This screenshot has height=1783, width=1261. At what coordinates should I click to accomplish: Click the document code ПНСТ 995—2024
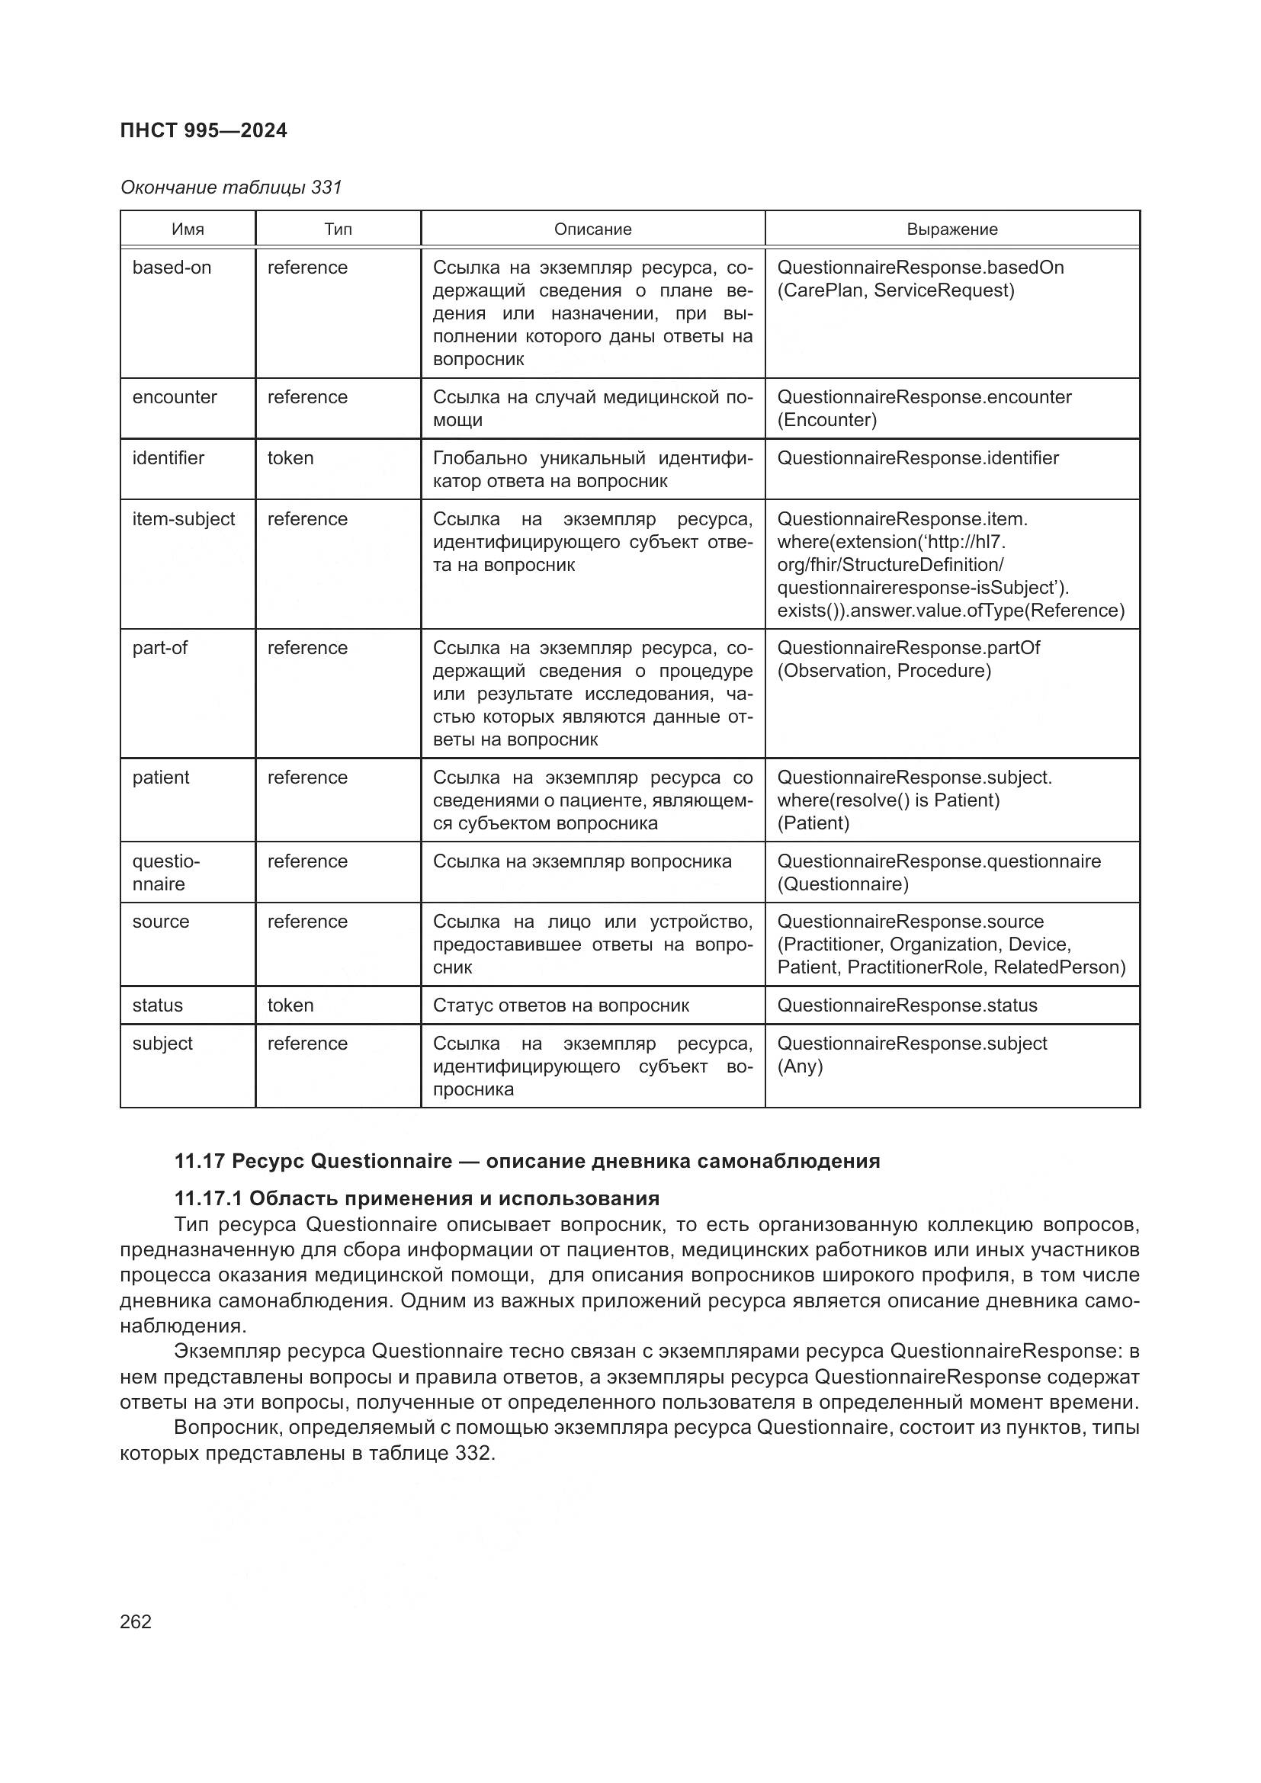point(204,130)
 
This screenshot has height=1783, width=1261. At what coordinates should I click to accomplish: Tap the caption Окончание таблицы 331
point(230,188)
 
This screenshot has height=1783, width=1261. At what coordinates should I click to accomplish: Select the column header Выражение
point(952,229)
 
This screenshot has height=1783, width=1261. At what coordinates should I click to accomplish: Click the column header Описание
point(592,229)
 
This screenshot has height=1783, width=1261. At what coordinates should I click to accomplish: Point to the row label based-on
point(172,268)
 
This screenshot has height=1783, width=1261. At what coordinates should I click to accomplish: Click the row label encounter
point(175,397)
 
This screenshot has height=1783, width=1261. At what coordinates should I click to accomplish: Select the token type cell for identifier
point(290,458)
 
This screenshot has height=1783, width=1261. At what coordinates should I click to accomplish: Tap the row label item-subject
point(183,519)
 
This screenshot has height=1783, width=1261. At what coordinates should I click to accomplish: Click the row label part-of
point(159,648)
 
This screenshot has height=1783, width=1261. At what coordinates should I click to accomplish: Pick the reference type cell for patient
point(307,778)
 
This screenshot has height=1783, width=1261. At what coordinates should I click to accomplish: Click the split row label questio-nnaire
point(165,872)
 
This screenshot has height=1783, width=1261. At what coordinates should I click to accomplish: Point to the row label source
point(161,922)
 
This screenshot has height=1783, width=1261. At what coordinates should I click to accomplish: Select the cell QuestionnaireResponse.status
point(907,1005)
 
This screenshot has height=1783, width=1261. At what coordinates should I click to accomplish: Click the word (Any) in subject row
point(800,1066)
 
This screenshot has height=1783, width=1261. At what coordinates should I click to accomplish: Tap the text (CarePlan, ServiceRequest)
point(895,290)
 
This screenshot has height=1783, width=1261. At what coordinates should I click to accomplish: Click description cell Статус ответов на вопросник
point(560,1005)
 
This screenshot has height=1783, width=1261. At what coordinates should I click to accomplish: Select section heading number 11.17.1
point(208,1198)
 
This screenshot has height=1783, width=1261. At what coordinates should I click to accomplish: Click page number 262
point(136,1621)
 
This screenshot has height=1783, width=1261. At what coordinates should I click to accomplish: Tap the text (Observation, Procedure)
point(884,671)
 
